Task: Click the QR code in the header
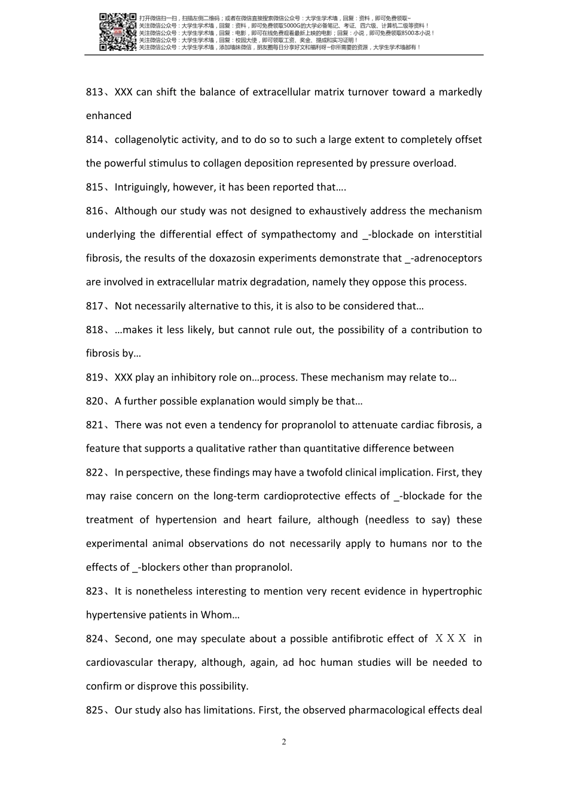[x=117, y=32]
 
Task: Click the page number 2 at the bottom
[x=284, y=742]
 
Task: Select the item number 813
[x=94, y=92]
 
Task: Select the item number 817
[x=94, y=306]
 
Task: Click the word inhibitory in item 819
[x=194, y=377]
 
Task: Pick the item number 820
[x=94, y=401]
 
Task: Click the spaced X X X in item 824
[x=451, y=638]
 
